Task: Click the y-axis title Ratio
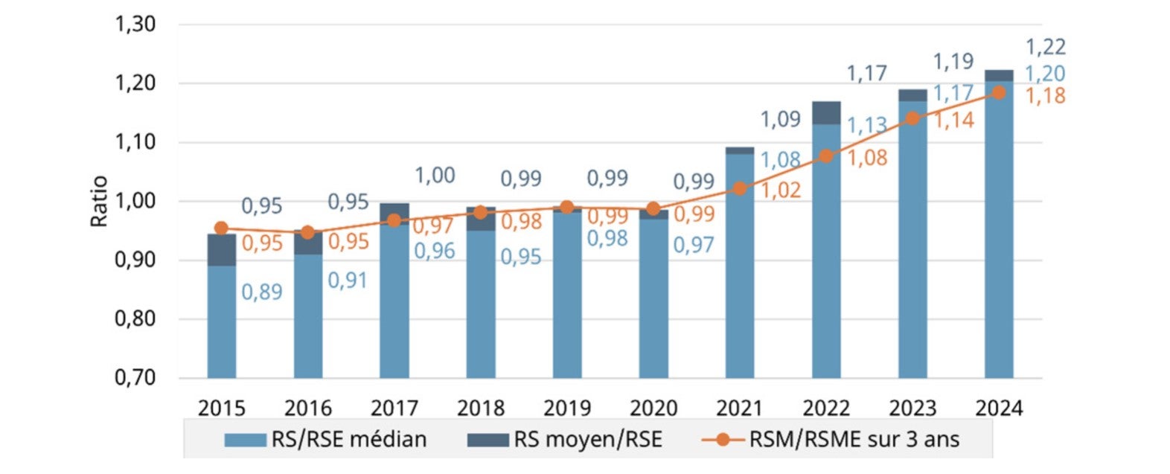[99, 201]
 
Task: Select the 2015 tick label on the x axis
[221, 408]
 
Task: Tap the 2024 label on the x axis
[999, 408]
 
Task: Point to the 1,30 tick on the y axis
[135, 25]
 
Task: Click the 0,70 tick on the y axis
[135, 377]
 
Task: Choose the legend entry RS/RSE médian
[326, 439]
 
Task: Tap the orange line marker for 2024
[999, 92]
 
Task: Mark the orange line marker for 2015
[221, 228]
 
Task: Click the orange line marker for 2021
[740, 188]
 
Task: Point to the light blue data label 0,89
[262, 292]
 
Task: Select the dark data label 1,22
[1046, 48]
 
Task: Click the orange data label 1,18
[1046, 96]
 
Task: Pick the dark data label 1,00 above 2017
[435, 176]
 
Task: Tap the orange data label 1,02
[781, 190]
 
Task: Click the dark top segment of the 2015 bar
[221, 250]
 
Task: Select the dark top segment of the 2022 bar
[826, 113]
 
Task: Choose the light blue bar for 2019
[567, 298]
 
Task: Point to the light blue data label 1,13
[867, 125]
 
